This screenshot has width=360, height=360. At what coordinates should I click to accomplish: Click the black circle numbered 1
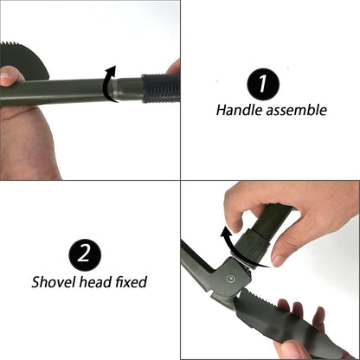point(263,84)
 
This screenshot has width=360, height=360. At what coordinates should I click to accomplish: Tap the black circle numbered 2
point(85,254)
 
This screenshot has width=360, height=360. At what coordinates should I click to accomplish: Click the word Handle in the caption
point(239,110)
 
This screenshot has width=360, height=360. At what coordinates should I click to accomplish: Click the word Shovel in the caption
point(54,282)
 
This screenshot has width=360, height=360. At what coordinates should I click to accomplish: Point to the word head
point(95,282)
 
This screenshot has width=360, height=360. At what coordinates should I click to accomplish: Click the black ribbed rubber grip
point(160,88)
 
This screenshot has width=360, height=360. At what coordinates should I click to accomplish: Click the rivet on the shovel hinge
point(230,278)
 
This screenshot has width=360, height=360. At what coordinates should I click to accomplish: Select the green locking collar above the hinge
point(254,244)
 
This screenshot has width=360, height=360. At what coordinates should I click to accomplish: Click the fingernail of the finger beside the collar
point(279,260)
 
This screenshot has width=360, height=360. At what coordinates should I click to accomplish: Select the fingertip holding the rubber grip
point(175,67)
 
